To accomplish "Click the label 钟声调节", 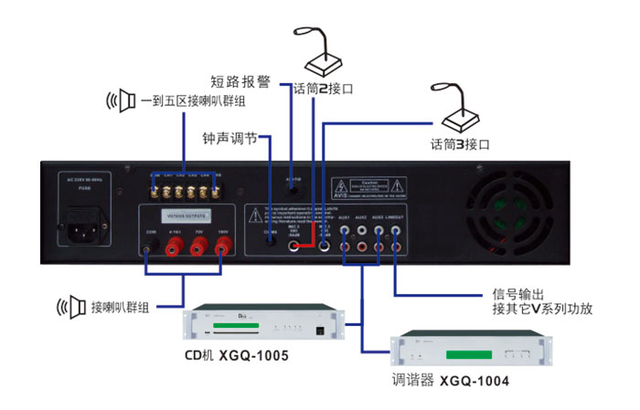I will (230, 140).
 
